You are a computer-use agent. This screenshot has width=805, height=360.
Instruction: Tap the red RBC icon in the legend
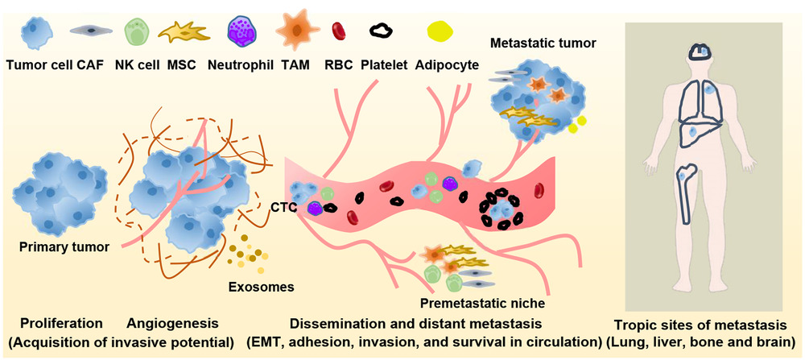point(339,31)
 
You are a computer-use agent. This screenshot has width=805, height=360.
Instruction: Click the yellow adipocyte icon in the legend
point(440,31)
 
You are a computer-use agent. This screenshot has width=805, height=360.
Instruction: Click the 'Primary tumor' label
point(64,246)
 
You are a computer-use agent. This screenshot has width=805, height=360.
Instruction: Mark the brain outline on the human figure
point(702,52)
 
